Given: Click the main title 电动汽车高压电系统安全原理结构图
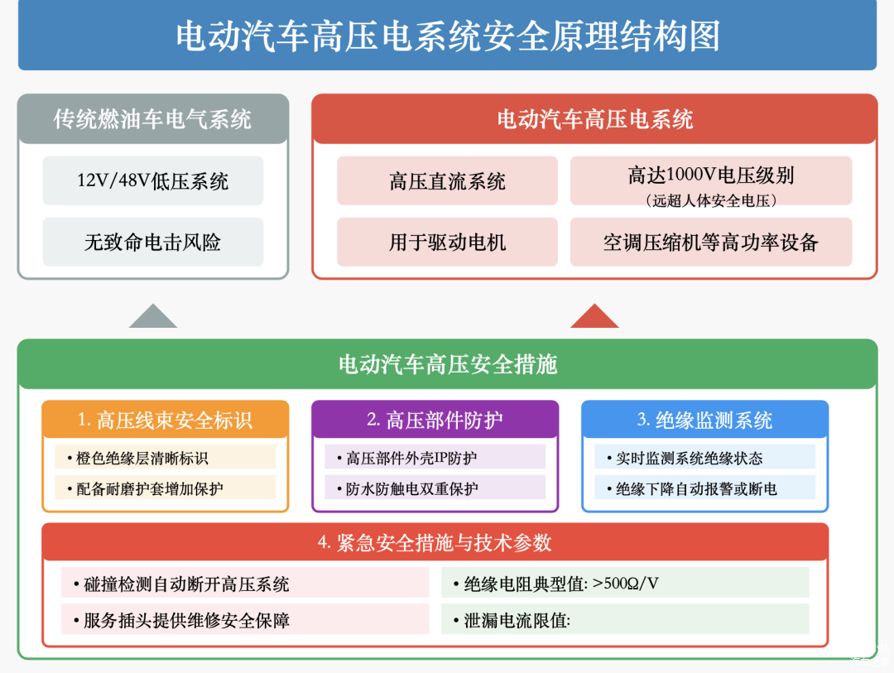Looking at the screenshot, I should point(447,36).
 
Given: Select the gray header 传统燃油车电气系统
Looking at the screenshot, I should point(153,119).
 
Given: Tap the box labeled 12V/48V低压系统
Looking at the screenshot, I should point(153,180).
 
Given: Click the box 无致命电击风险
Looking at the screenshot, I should point(153,242).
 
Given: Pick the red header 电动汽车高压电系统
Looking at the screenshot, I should point(594,119).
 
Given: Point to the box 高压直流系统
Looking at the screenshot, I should point(447,180).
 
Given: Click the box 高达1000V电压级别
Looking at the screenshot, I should point(710,175).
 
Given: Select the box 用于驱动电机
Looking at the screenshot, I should point(447,242).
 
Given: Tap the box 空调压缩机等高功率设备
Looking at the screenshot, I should point(710,242).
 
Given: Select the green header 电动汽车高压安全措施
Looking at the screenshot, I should point(447,364).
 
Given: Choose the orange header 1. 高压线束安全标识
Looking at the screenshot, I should point(166,420).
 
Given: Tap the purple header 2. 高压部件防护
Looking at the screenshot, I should point(435,420).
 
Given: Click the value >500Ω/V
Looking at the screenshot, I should point(627,584).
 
